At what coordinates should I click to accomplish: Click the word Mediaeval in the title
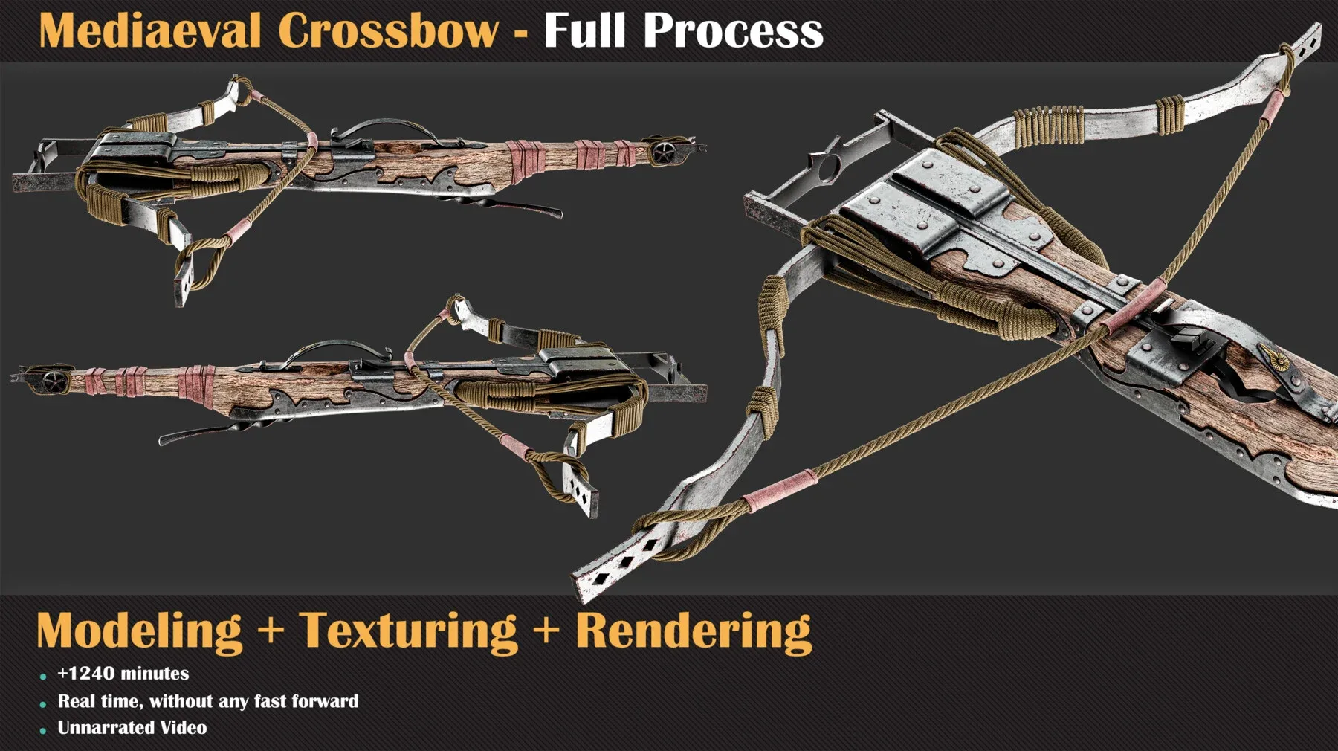[149, 31]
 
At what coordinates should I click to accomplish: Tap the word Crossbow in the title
[388, 31]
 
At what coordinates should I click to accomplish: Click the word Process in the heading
[733, 31]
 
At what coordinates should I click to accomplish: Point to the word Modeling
[140, 631]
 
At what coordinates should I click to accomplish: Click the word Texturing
[408, 631]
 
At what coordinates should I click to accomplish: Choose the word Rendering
[693, 631]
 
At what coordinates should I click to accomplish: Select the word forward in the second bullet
[325, 701]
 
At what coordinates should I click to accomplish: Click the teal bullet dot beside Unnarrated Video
[43, 731]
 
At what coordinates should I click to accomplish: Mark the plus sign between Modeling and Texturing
[271, 629]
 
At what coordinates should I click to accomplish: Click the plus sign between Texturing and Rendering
[546, 629]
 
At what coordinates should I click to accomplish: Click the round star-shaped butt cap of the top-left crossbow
[662, 152]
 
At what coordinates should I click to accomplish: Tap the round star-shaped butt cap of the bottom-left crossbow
[54, 380]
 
